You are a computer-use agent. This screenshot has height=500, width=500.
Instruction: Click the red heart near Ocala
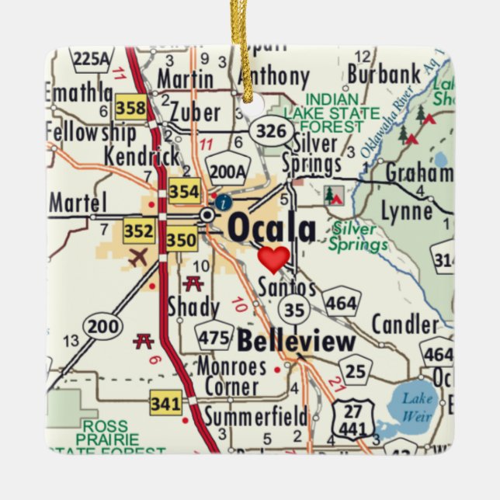273,259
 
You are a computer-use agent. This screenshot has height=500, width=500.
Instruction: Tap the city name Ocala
272,229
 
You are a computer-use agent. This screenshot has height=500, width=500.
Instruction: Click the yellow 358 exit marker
130,107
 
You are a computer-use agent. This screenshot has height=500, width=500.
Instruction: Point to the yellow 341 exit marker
166,404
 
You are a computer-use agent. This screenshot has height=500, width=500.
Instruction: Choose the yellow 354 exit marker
184,192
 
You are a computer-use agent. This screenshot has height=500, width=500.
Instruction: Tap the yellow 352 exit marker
139,231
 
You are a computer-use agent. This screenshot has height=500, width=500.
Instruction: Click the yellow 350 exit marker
181,241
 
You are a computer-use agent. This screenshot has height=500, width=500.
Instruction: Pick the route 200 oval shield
102,326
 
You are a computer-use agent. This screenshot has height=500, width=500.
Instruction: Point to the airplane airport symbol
137,258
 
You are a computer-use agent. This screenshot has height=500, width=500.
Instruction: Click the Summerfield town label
255,417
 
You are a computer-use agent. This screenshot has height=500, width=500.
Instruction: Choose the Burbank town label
384,75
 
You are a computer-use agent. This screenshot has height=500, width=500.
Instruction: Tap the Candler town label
405,324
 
